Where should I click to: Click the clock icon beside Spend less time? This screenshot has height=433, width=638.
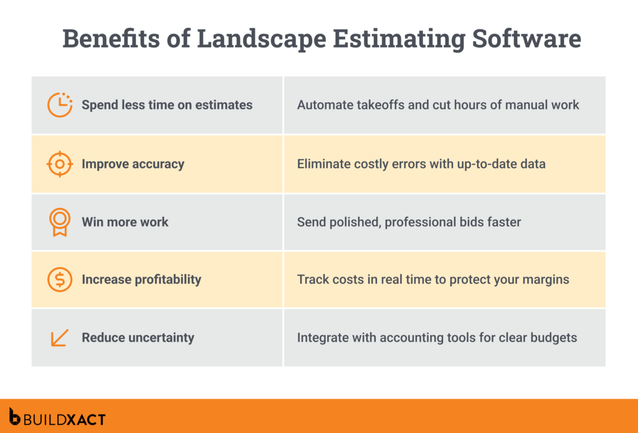tap(60, 105)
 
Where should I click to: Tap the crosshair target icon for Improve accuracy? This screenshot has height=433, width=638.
tap(60, 164)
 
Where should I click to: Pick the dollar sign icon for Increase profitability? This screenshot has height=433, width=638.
tap(60, 280)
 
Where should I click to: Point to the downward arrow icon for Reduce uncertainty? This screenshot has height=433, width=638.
tap(60, 338)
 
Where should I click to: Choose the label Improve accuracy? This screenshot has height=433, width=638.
tap(133, 164)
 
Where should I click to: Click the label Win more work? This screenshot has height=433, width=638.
tap(125, 222)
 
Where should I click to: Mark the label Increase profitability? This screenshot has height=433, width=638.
tap(141, 280)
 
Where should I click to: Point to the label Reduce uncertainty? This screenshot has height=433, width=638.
tap(138, 338)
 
